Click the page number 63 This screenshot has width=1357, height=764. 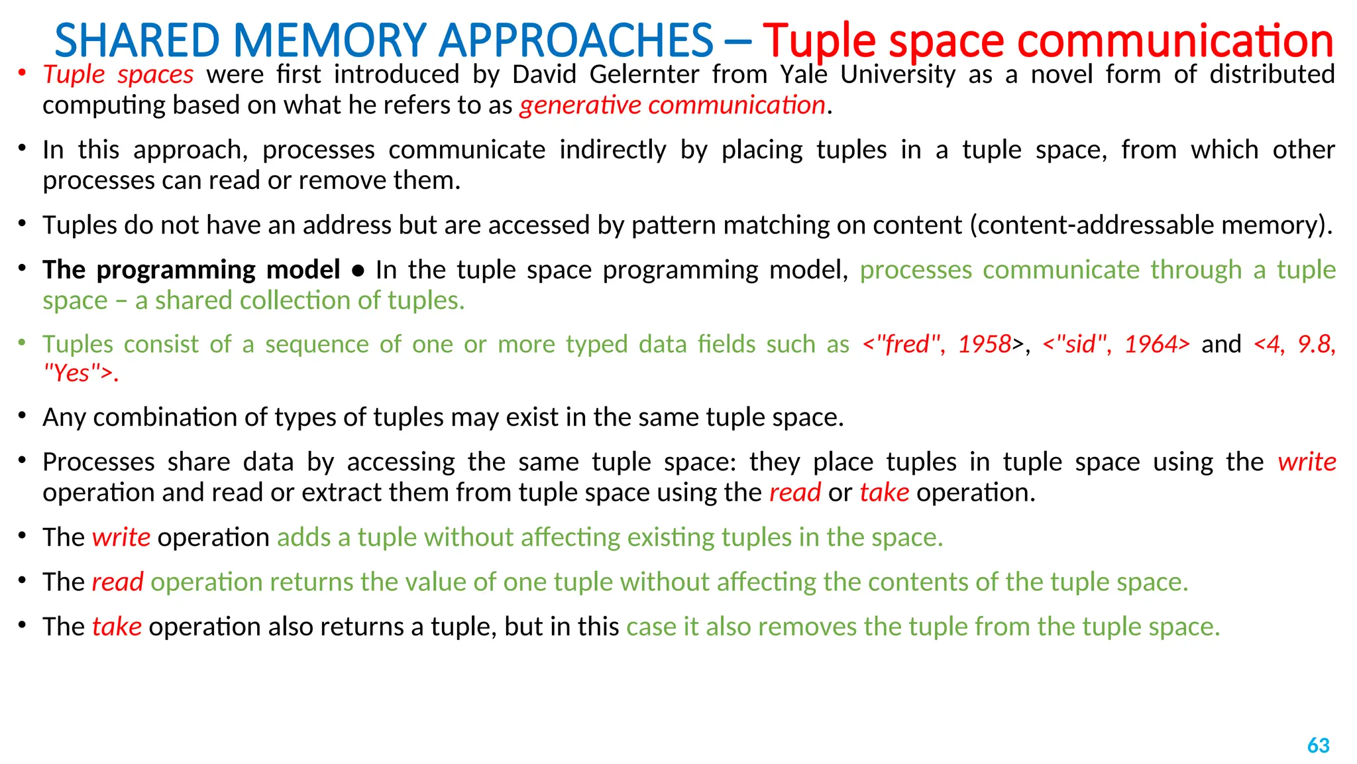point(1318,745)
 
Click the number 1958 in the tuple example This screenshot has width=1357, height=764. point(985,344)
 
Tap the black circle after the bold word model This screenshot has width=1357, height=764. point(358,271)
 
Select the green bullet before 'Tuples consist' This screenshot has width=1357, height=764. point(22,343)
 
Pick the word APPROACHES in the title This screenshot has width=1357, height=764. point(575,40)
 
